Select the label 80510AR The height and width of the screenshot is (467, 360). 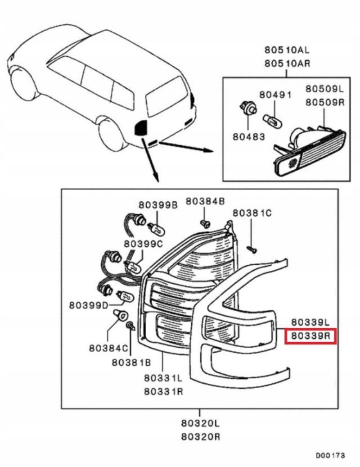[287, 63]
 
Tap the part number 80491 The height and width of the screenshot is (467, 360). [275, 95]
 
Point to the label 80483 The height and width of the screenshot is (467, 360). [249, 136]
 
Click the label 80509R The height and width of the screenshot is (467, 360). [324, 102]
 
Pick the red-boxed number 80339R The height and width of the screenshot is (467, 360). [311, 336]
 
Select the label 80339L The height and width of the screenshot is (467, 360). [311, 322]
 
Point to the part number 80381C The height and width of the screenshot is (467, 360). [252, 213]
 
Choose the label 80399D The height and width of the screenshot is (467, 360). [89, 305]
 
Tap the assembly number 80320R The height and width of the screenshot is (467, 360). [201, 437]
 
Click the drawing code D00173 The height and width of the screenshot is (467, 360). [330, 456]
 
